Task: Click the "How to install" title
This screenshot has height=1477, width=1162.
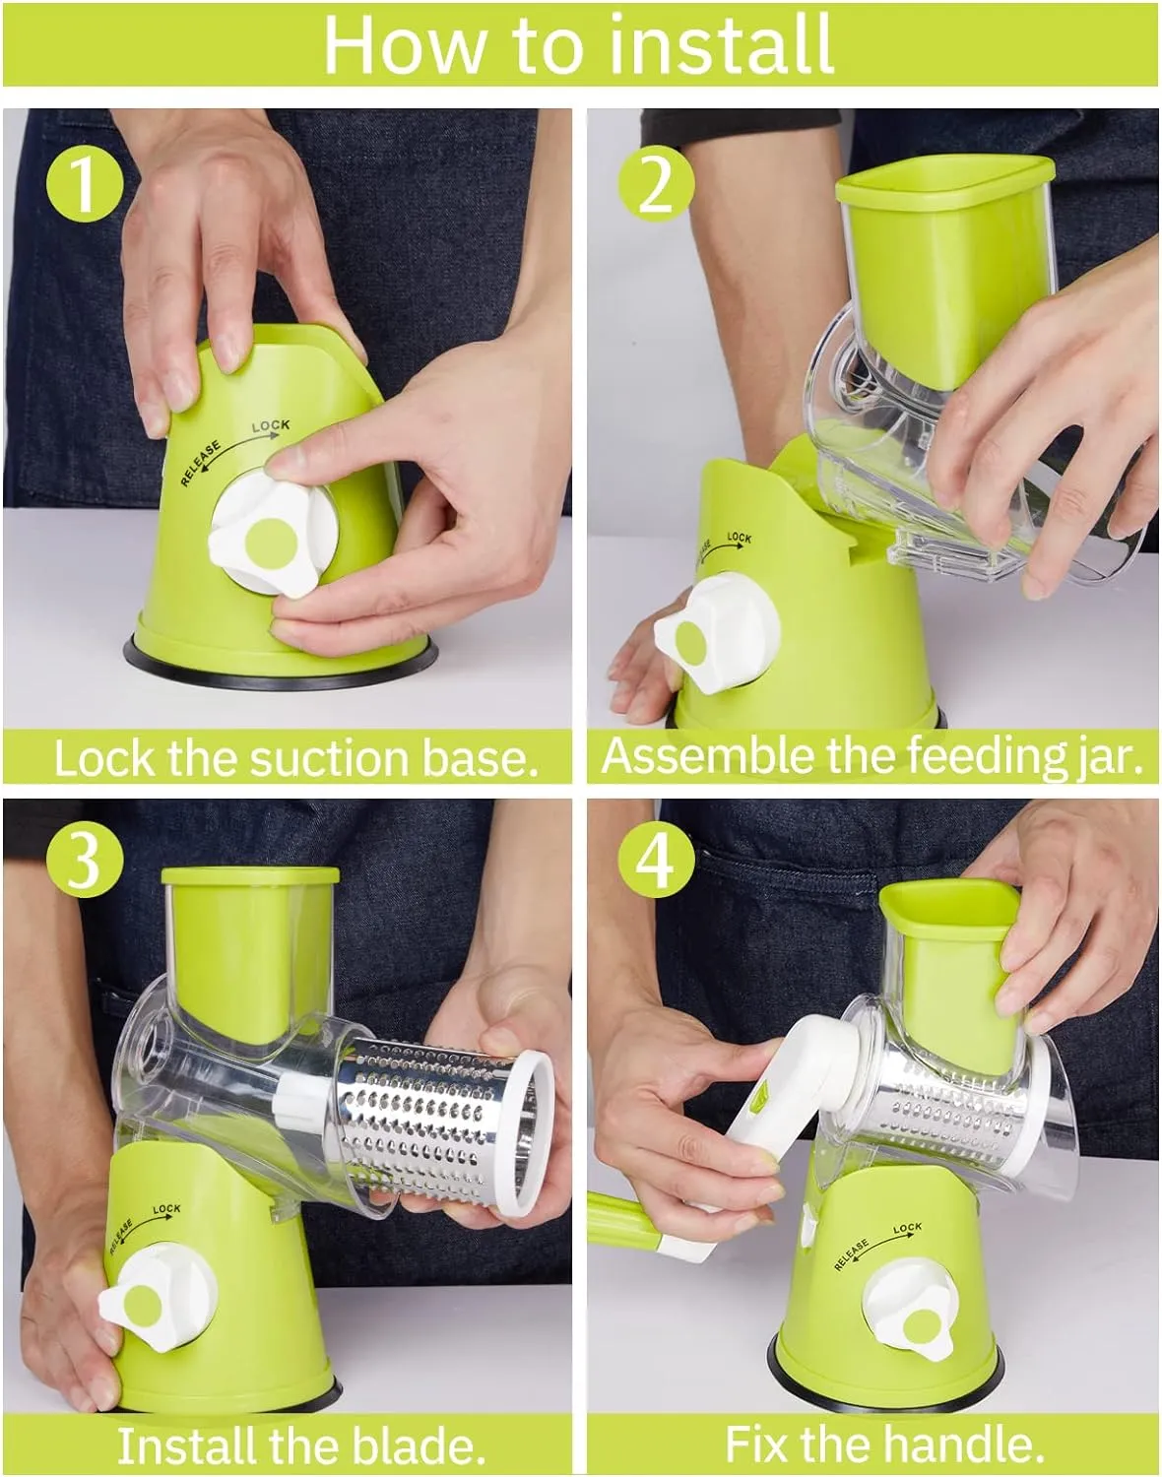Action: [579, 44]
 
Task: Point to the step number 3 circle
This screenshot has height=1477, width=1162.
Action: [85, 860]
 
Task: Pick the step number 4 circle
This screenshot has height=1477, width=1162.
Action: [656, 860]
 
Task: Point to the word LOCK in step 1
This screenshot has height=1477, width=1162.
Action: [271, 426]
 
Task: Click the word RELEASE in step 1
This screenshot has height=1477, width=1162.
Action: [201, 464]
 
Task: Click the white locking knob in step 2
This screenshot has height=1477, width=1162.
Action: [714, 633]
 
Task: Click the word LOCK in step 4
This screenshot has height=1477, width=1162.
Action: [907, 1228]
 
